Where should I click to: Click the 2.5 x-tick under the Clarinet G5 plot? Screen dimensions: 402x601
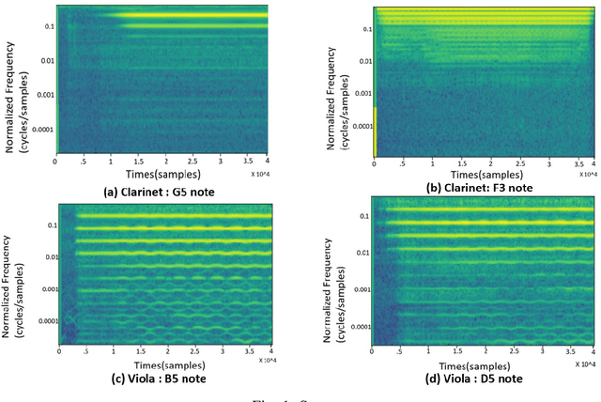[192, 161]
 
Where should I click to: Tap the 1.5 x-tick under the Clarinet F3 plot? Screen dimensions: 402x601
[448, 161]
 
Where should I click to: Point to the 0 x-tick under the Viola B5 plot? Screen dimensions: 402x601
[58, 354]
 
